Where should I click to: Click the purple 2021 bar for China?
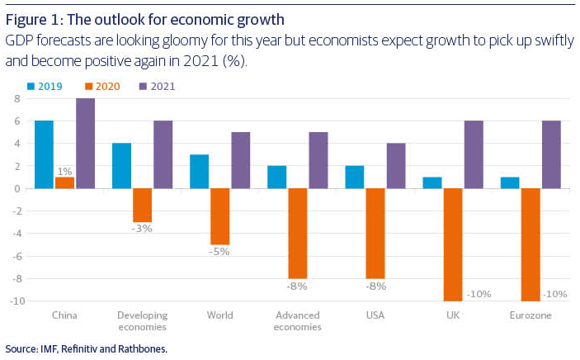(x=86, y=144)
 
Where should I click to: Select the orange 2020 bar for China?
(x=64, y=182)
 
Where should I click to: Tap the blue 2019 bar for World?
(x=200, y=171)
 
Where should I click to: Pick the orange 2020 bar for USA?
(x=375, y=233)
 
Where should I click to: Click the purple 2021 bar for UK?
(x=474, y=154)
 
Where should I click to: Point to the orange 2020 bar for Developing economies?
(x=142, y=205)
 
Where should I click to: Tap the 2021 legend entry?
(x=157, y=85)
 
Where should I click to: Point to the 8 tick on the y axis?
(x=16, y=99)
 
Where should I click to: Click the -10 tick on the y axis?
(x=12, y=301)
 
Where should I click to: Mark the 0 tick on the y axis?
(x=16, y=188)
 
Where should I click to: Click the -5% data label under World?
(x=219, y=252)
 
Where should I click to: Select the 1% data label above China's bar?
(x=64, y=171)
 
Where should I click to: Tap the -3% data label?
(x=142, y=229)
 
